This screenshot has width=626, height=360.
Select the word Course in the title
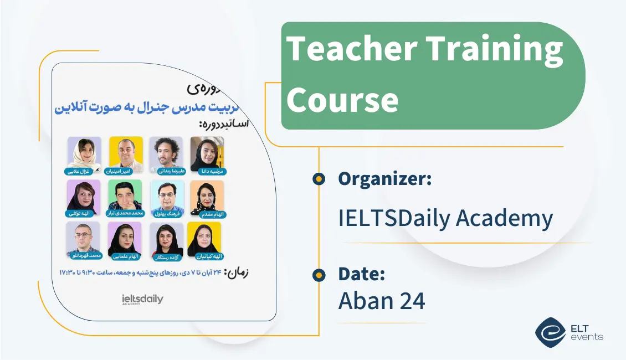point(342,100)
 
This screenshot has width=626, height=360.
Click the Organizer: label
point(385,179)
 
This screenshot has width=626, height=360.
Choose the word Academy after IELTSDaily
point(504,218)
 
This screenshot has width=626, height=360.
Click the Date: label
point(361,274)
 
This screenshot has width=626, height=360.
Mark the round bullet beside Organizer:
point(319,179)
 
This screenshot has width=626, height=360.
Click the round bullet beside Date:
point(319,274)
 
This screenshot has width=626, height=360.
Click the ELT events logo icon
point(550,332)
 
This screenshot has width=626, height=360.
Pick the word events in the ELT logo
point(588,337)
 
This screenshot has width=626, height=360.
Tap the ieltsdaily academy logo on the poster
point(142,300)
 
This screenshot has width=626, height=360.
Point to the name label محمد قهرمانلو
point(83,256)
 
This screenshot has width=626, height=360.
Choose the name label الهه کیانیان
point(204,256)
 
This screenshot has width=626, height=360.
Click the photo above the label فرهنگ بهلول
point(167,196)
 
